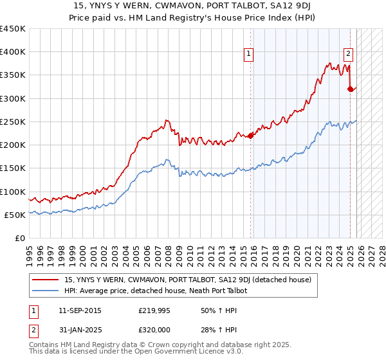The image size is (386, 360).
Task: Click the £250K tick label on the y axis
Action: coord(13,122)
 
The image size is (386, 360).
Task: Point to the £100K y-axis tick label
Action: coord(13,192)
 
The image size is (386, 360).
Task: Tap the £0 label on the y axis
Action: coord(20,239)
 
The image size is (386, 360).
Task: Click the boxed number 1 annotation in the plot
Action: coord(248,55)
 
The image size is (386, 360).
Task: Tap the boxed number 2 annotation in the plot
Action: coord(348,55)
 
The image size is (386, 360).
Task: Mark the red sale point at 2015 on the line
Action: coord(251,135)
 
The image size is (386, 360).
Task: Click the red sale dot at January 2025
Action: coord(351,89)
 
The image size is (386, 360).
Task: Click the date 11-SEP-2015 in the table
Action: coord(79,310)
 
